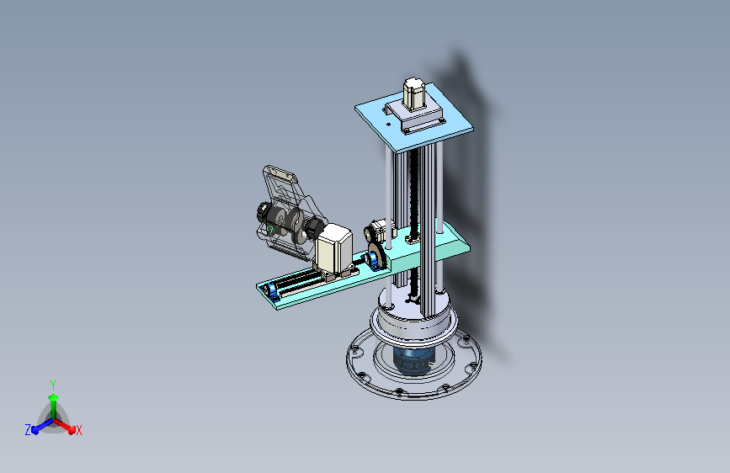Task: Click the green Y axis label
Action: click(53, 385)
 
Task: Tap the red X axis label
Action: click(78, 430)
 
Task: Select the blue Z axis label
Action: click(28, 430)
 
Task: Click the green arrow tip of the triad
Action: click(54, 397)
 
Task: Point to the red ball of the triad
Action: click(72, 429)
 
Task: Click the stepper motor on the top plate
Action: click(413, 93)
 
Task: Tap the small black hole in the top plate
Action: click(389, 125)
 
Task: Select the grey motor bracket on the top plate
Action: click(413, 116)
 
